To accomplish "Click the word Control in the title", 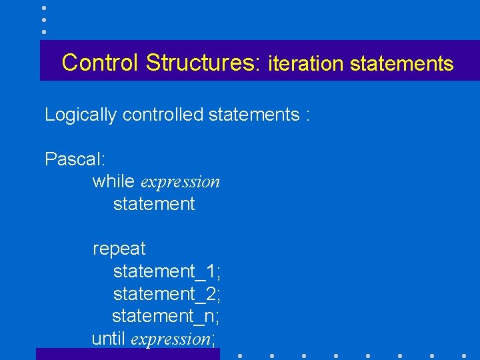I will tap(101, 63).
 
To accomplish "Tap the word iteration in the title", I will tap(305, 64).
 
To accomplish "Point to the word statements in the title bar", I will tap(401, 64).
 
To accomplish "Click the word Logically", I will tap(81, 115).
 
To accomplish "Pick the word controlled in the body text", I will tap(163, 115).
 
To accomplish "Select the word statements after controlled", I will tap(254, 115).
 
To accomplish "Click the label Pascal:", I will tap(73, 159).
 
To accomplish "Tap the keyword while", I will tap(114, 181).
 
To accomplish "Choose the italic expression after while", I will tap(181, 182).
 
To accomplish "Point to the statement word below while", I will tap(154, 204).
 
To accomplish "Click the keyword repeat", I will tap(119, 249).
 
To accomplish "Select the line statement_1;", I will tap(167, 271).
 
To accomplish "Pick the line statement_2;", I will tap(167, 294).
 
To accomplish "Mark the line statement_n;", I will tap(166, 316).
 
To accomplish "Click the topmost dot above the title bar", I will tap(43, 7).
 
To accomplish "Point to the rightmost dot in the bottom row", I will tap(464, 356).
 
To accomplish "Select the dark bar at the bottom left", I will tap(127, 354).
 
